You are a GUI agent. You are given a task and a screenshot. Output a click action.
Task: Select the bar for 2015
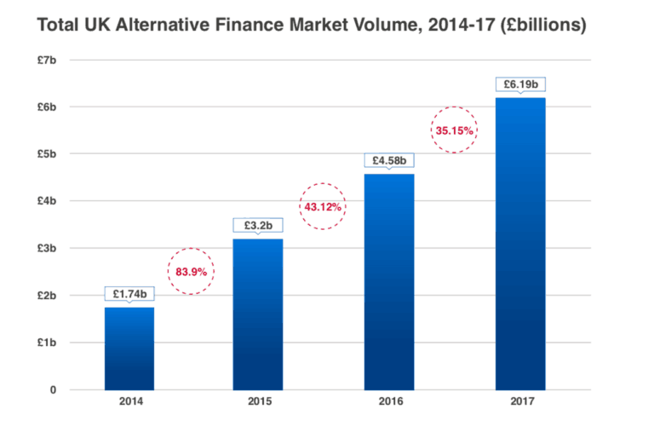(x=258, y=314)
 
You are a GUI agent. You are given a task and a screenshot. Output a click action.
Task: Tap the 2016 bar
(x=389, y=282)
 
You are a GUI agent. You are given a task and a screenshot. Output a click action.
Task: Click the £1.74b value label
(x=129, y=292)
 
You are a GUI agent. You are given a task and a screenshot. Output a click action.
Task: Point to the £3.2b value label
(x=258, y=225)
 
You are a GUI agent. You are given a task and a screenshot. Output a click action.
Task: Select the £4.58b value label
(x=389, y=159)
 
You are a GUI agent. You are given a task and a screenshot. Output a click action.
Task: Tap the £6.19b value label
(x=520, y=84)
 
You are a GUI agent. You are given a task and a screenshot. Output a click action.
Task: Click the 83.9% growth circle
(x=190, y=271)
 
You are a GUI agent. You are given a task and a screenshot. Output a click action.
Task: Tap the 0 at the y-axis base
(x=53, y=390)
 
